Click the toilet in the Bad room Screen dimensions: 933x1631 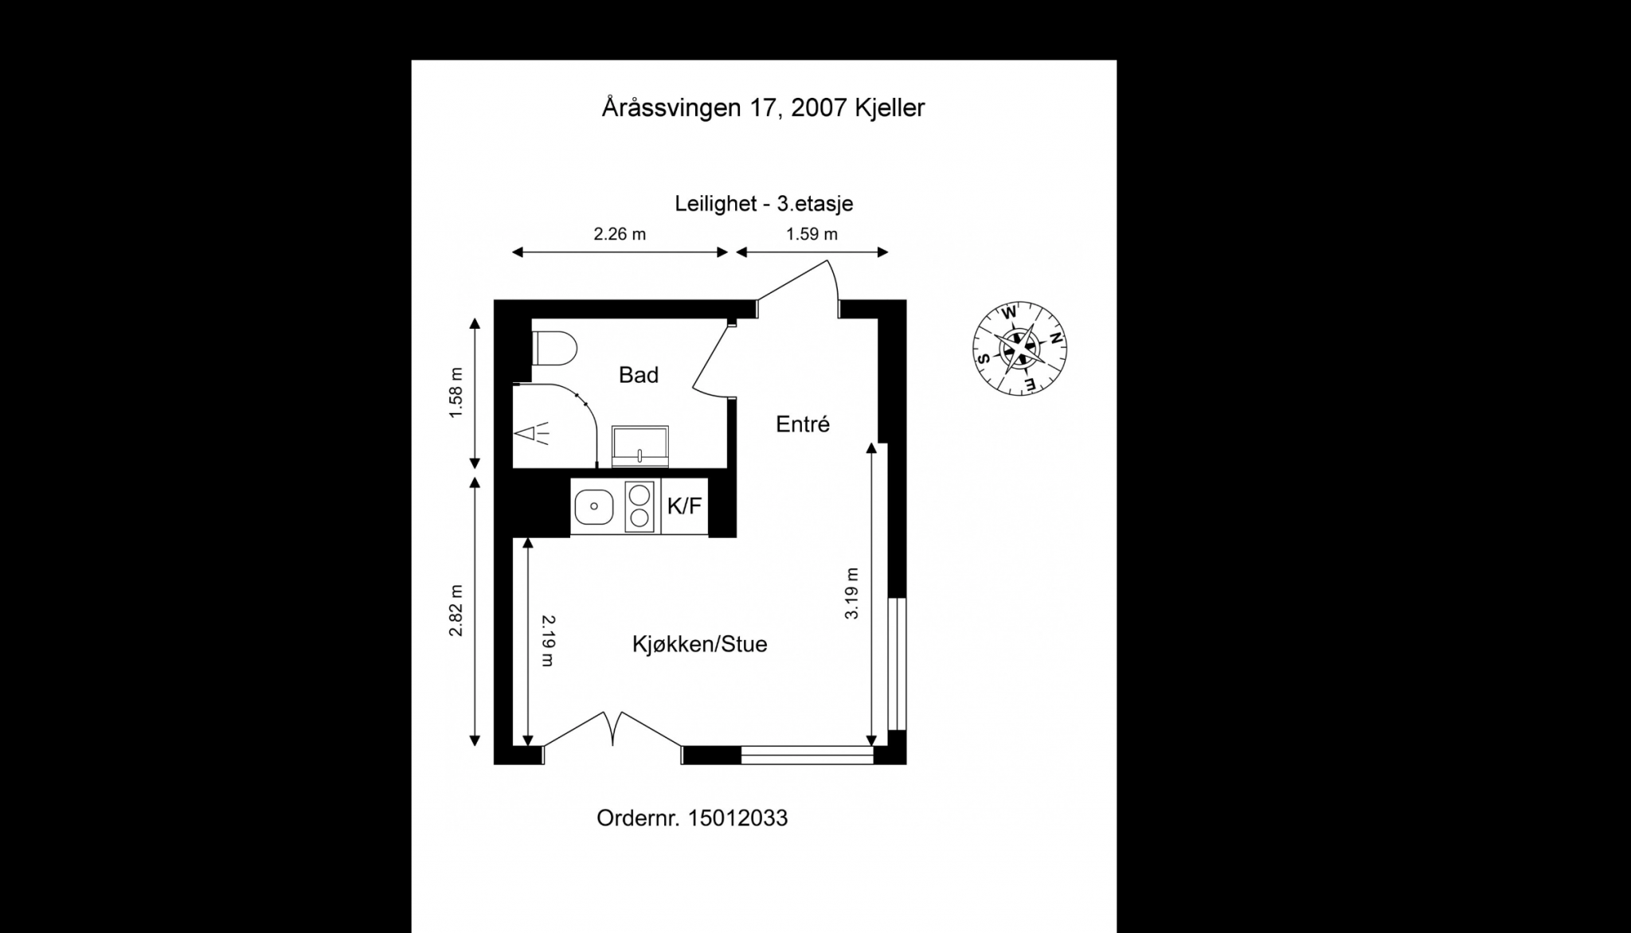click(x=554, y=349)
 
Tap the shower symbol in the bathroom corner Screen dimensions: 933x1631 click(x=532, y=434)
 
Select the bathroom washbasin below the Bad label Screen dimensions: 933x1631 click(x=639, y=446)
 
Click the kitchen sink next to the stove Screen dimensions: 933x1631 click(x=593, y=506)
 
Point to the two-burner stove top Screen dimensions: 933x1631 click(x=639, y=506)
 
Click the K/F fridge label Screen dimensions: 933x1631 click(x=684, y=506)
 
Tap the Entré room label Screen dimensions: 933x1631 click(x=803, y=424)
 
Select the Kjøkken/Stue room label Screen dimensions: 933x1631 click(x=699, y=644)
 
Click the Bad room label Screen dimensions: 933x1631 click(x=639, y=375)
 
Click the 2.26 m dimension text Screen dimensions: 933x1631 click(x=620, y=234)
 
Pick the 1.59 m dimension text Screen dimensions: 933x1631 click(x=812, y=234)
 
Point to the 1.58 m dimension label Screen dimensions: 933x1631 click(x=456, y=393)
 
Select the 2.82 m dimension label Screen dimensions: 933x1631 click(x=456, y=611)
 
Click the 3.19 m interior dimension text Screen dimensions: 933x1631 click(x=852, y=593)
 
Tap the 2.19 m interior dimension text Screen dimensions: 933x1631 click(x=547, y=640)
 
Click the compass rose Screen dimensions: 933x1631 click(x=1019, y=349)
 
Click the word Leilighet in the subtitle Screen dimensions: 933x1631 click(x=715, y=204)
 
